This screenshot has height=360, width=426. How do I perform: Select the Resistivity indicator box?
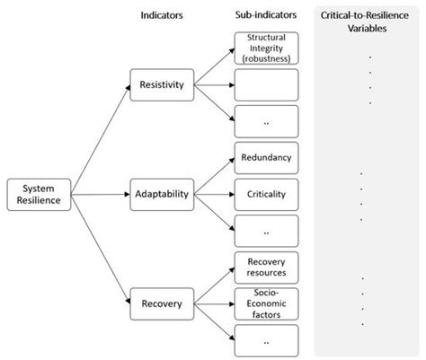[x=162, y=85]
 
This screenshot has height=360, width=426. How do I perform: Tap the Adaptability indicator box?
[x=162, y=194]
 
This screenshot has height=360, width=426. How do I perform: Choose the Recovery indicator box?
[x=162, y=303]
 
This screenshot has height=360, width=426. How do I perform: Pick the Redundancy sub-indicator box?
[x=265, y=157]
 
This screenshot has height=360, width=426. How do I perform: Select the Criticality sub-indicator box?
[x=265, y=194]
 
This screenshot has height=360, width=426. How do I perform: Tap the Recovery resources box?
[x=265, y=267]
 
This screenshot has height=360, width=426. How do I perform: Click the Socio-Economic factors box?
[x=265, y=303]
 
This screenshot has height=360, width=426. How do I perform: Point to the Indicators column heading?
[x=162, y=16]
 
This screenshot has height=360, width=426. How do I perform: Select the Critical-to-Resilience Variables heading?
[x=367, y=22]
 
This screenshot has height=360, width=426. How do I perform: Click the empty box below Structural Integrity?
[x=265, y=85]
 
